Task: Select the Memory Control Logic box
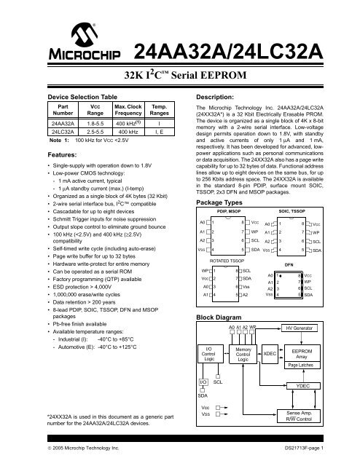(243, 355)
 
